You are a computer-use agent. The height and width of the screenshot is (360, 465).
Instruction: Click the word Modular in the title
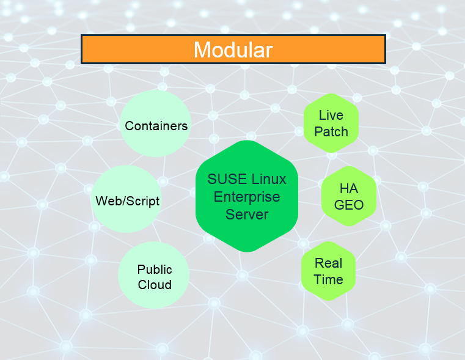pos(233,50)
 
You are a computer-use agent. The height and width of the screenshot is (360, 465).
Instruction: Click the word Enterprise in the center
pos(247,197)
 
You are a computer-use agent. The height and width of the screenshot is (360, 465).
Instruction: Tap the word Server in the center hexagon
pos(247,215)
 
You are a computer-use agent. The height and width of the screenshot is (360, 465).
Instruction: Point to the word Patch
pos(331,131)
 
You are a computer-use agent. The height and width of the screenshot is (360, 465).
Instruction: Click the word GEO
pos(349,205)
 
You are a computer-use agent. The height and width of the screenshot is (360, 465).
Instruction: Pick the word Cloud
pos(155,284)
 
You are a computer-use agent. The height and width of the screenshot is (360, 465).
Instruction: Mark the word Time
pos(329,279)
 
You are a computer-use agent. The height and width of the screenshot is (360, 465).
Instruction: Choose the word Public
pos(155,269)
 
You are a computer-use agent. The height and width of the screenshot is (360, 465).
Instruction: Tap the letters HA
pos(349,188)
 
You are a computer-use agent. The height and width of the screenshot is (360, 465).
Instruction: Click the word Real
pos(329,263)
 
